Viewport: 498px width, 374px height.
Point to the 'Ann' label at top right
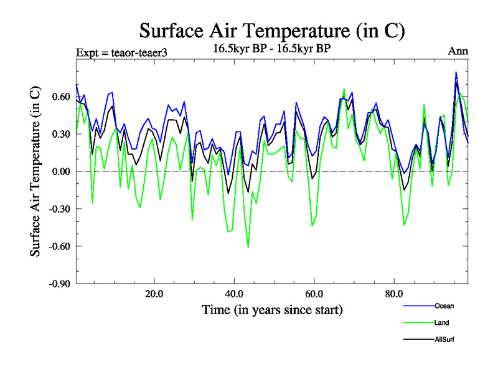coord(458,51)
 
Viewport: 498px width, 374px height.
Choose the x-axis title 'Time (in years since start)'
coord(272,310)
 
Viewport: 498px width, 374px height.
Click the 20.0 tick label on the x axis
coord(154,294)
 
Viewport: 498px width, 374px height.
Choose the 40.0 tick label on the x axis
coord(234,294)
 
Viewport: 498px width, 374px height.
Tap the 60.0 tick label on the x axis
coord(314,294)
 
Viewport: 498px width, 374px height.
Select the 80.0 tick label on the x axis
coord(393,294)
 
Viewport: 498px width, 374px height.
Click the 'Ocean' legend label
coord(443,305)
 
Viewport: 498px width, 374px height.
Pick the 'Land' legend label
coord(441,323)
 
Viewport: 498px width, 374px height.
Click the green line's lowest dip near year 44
coord(248,247)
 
